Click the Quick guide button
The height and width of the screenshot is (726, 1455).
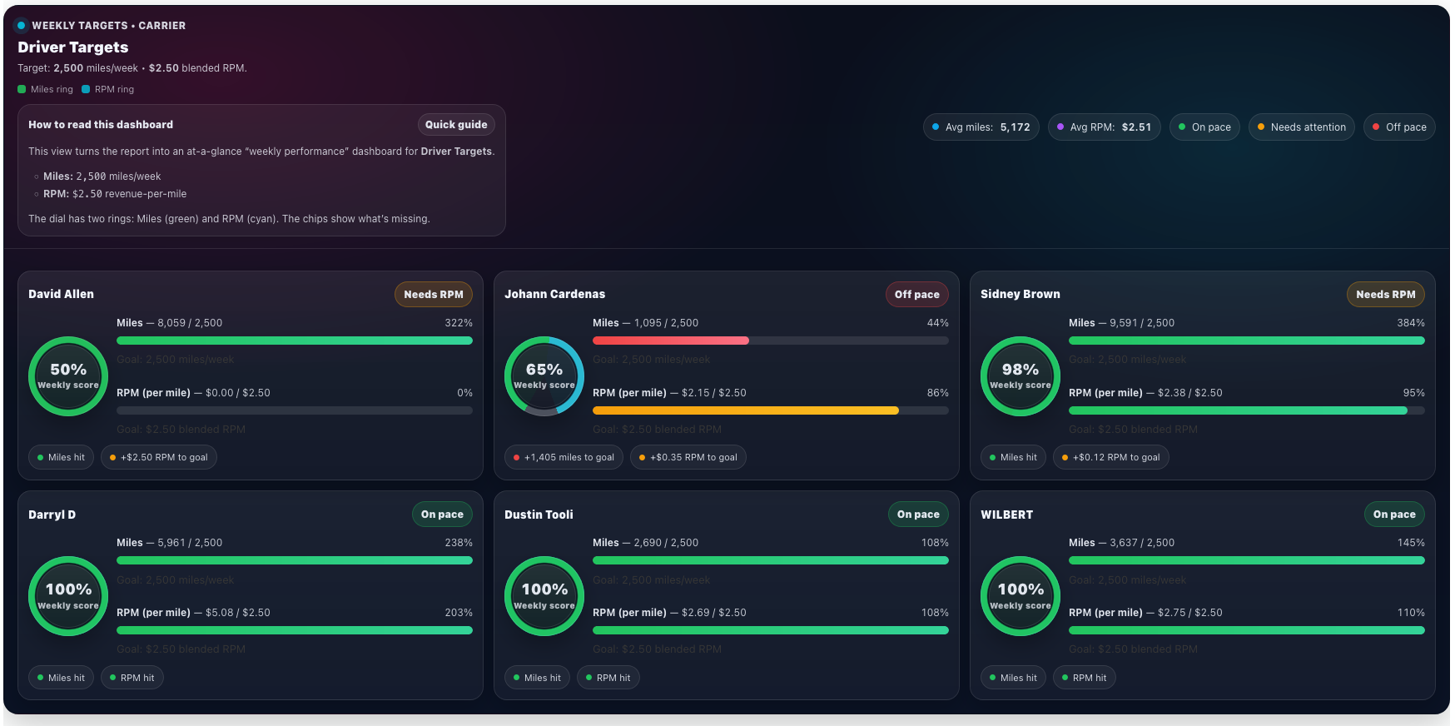click(x=456, y=125)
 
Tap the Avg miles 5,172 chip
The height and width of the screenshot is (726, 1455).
click(x=981, y=127)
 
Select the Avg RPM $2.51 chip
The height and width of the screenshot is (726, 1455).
click(x=1104, y=127)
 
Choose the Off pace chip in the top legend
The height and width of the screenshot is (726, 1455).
click(x=1399, y=127)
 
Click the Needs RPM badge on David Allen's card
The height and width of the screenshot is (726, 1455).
click(x=433, y=295)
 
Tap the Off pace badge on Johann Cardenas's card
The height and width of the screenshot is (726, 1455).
click(x=916, y=295)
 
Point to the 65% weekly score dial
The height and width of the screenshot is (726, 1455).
click(x=544, y=376)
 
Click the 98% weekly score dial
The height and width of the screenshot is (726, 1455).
click(x=1020, y=376)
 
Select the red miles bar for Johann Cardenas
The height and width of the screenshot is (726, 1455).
click(x=671, y=341)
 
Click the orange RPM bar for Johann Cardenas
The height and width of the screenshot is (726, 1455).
click(x=745, y=410)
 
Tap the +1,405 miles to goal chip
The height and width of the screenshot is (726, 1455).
click(x=564, y=457)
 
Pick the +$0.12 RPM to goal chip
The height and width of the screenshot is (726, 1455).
click(x=1110, y=457)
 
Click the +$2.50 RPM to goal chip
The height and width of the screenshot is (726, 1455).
click(x=158, y=457)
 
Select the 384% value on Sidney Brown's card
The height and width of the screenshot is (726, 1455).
click(x=1410, y=323)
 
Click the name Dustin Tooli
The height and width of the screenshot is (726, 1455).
click(x=539, y=515)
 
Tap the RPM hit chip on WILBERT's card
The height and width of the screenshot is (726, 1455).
click(x=1084, y=678)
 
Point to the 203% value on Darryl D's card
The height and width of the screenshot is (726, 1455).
click(x=458, y=613)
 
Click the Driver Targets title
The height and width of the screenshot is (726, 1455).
click(x=73, y=47)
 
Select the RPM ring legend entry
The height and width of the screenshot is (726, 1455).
click(x=108, y=89)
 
